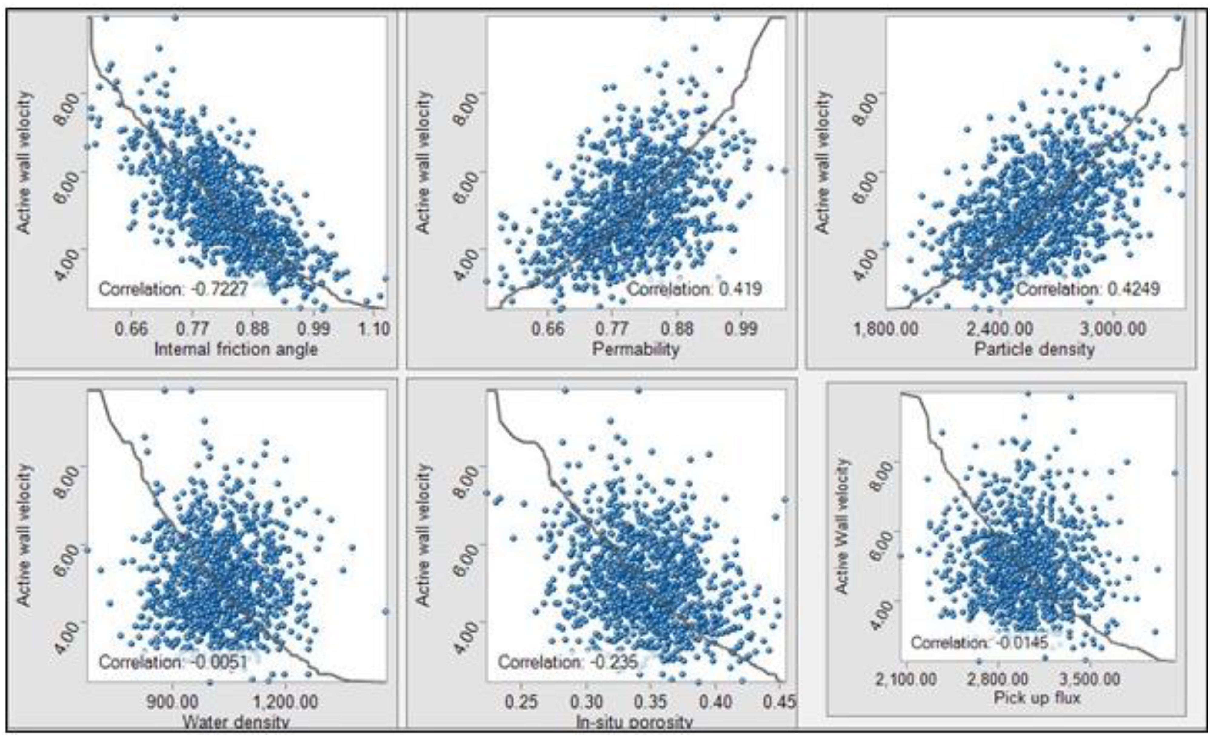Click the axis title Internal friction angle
(236, 349)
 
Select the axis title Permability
(636, 349)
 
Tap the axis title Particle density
(1034, 349)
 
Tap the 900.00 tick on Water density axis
(172, 701)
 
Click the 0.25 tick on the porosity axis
(521, 701)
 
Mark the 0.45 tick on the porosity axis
(780, 701)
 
